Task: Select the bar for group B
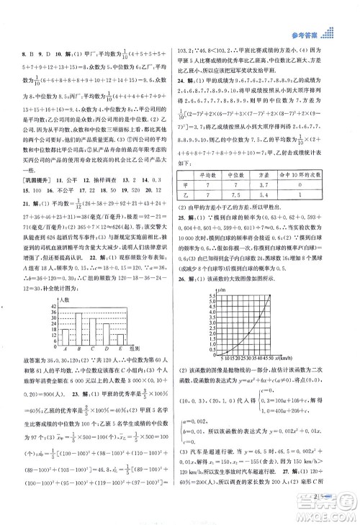[x=81, y=328]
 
